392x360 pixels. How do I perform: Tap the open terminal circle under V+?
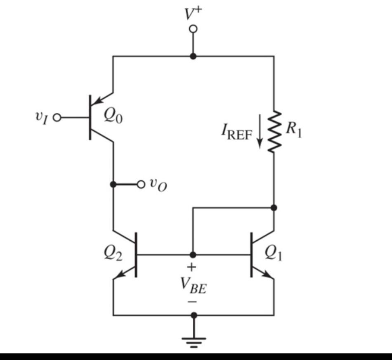pyautogui.click(x=193, y=29)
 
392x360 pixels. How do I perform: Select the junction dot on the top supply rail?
pyautogui.click(x=193, y=56)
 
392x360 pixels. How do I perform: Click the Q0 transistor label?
pyautogui.click(x=113, y=117)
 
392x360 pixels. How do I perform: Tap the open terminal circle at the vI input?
pyautogui.click(x=57, y=118)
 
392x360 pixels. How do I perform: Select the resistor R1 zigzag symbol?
pyautogui.click(x=274, y=131)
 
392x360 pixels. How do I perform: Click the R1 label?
pyautogui.click(x=294, y=130)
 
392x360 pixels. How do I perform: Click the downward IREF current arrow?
pyautogui.click(x=259, y=136)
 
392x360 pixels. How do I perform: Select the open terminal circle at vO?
pyautogui.click(x=141, y=184)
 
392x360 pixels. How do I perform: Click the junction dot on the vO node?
pyautogui.click(x=113, y=184)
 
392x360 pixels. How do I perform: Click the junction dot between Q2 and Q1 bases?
pyautogui.click(x=193, y=255)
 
